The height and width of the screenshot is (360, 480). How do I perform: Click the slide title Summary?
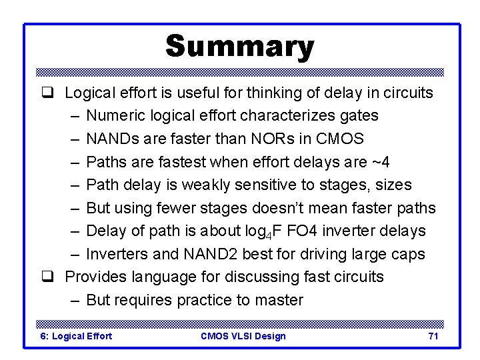pyautogui.click(x=239, y=47)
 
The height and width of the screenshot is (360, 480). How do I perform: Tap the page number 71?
pyautogui.click(x=433, y=336)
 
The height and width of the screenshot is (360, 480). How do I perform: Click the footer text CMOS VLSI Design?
pyautogui.click(x=243, y=336)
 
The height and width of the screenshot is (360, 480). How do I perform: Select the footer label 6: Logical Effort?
pyautogui.click(x=77, y=336)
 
